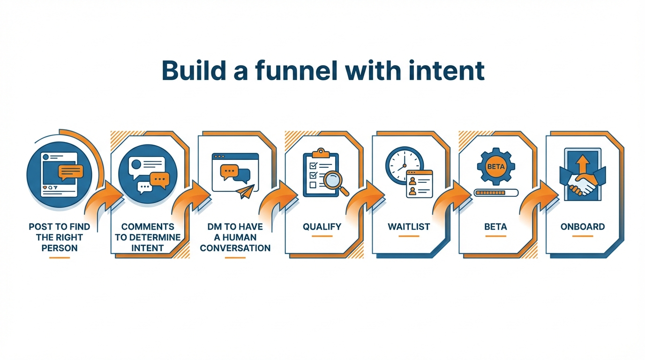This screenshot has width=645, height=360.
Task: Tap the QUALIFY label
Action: coord(322,227)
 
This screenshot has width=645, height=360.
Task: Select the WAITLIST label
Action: coord(409,227)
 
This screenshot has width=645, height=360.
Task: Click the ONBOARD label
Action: coord(583,227)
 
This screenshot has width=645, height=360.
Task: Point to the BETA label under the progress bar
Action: coord(495,227)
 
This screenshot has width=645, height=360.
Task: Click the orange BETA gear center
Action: coord(495,166)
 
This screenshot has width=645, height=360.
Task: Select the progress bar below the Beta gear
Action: coord(495,192)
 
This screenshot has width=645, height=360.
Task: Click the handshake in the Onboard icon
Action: coord(582,183)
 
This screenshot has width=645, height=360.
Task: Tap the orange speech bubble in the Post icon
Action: coord(71,172)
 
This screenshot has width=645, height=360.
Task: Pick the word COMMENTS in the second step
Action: coord(148,227)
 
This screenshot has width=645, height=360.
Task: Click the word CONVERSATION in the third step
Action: coord(235,248)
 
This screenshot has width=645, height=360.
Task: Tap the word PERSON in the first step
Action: coord(60,248)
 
